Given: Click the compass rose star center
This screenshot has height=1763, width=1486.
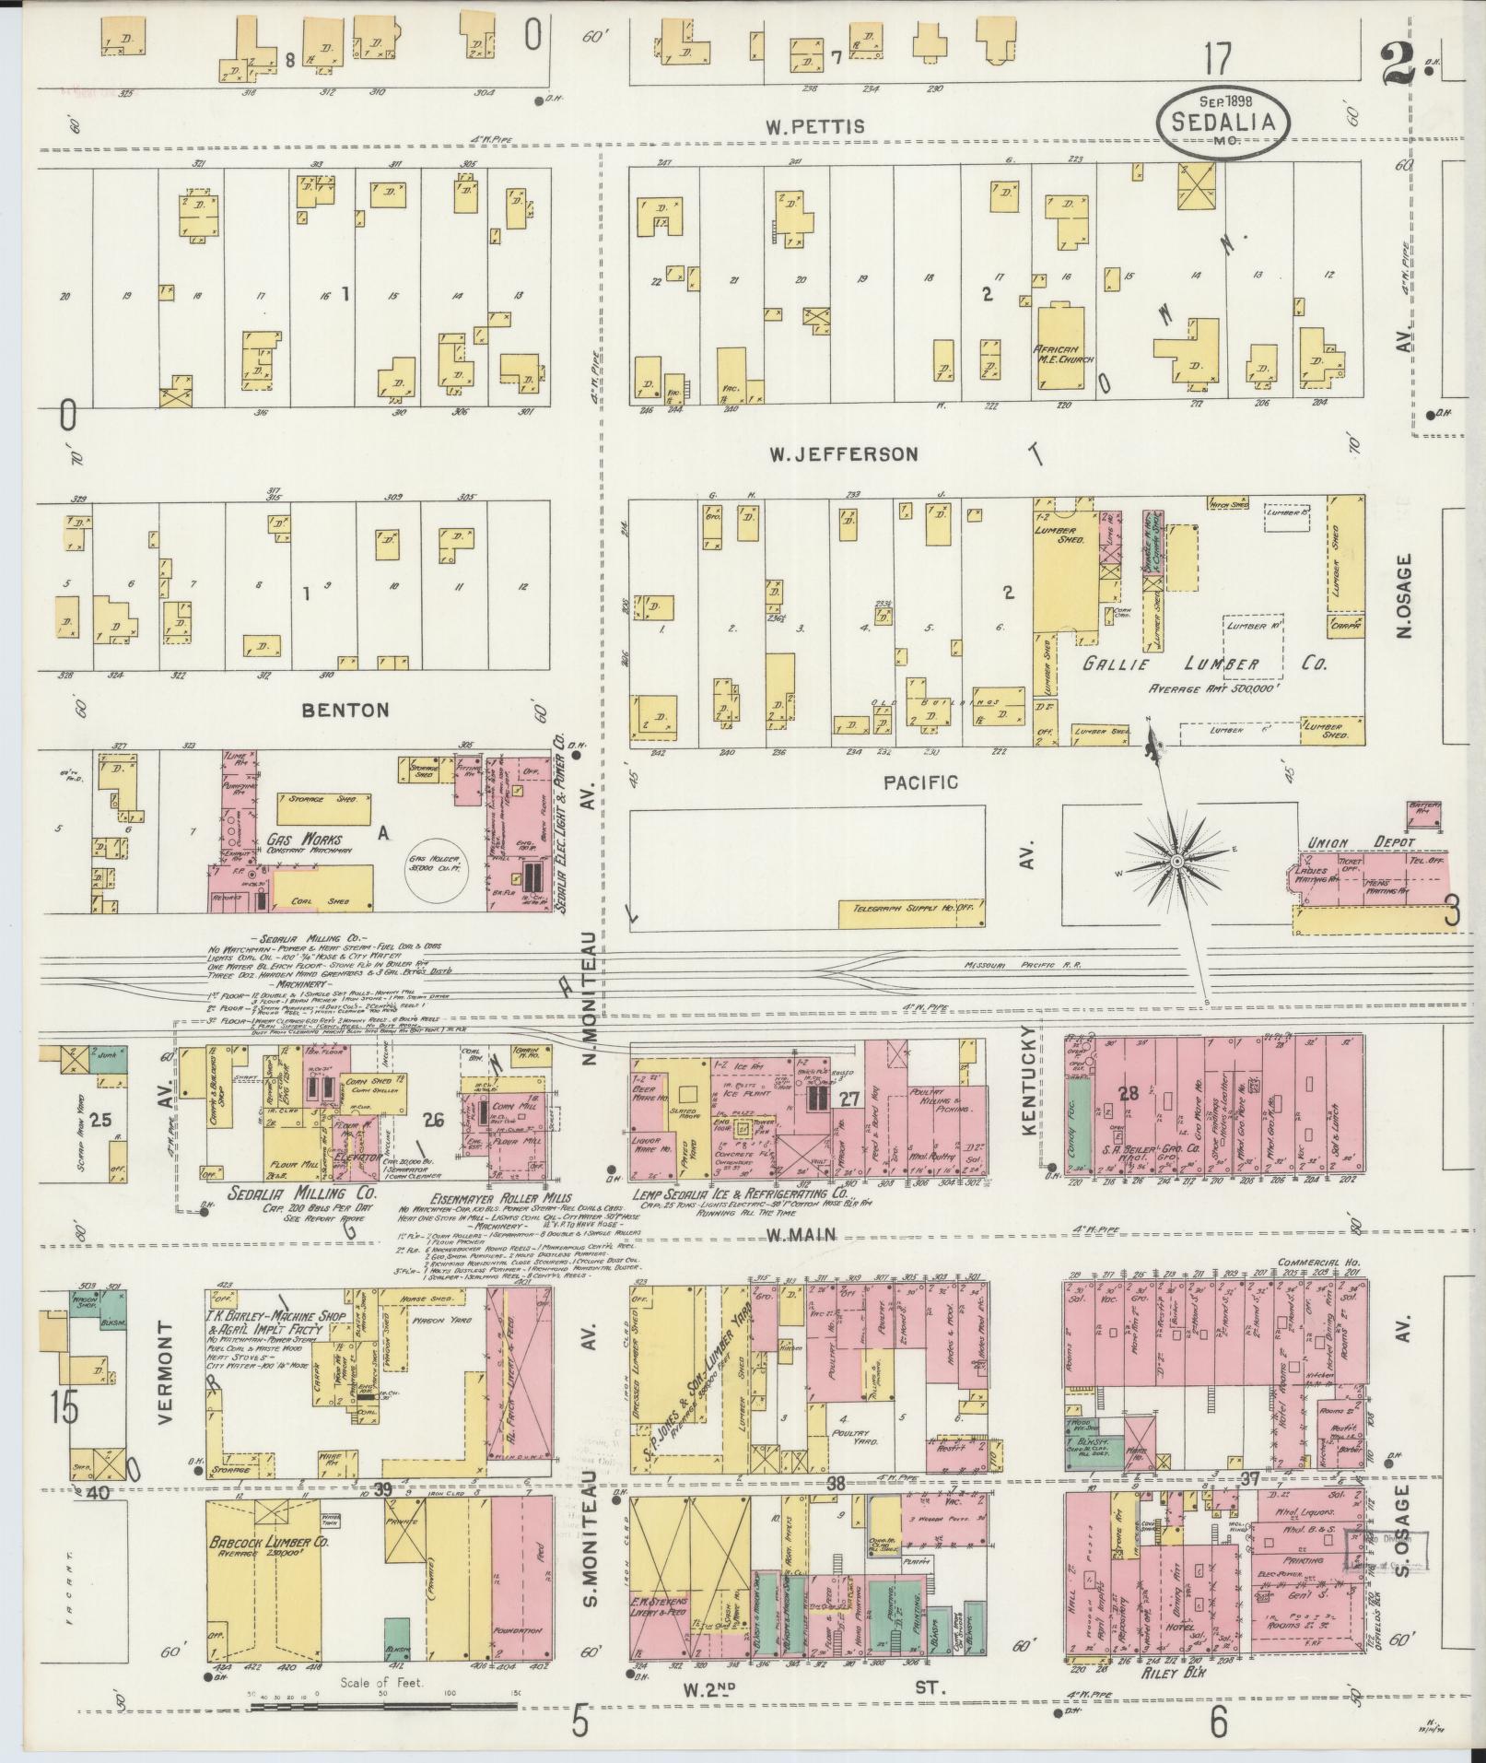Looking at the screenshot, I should point(1176,861).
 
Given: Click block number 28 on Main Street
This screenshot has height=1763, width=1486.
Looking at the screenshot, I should point(1129,1093).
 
